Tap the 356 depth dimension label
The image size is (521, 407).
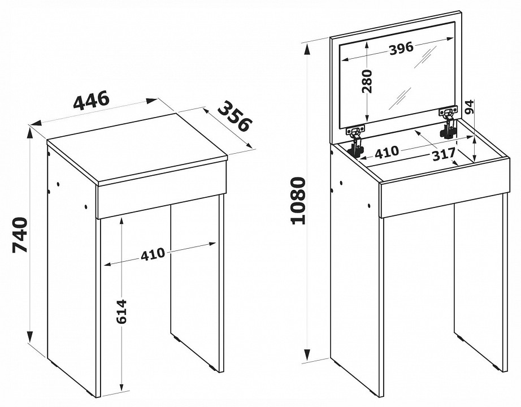(x=235, y=116)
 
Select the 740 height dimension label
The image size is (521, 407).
(x=19, y=235)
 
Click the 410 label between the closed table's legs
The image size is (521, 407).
(x=153, y=254)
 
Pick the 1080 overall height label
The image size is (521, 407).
(x=298, y=201)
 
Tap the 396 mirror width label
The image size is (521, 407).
(x=401, y=49)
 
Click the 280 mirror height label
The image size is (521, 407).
(x=367, y=81)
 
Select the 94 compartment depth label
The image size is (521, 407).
(x=469, y=107)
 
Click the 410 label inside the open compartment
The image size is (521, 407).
(x=387, y=151)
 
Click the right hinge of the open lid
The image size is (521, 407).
(x=448, y=122)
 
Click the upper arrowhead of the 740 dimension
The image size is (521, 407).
(x=31, y=133)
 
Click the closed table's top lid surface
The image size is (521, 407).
(x=137, y=149)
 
